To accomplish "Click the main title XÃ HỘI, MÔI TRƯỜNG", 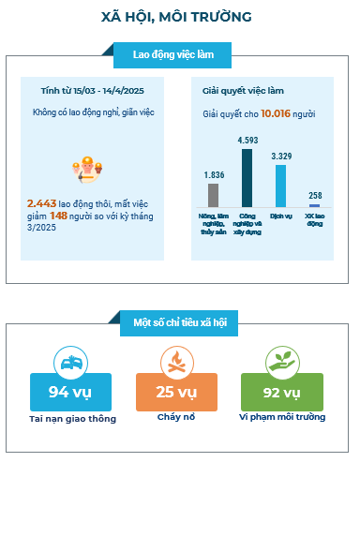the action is [x=176, y=17].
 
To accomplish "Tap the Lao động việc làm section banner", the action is [x=172, y=55].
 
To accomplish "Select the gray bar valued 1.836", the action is [x=213, y=195].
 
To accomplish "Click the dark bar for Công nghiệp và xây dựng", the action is [x=247, y=178].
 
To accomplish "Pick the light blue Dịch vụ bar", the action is [x=280, y=186].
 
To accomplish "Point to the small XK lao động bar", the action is [x=315, y=205].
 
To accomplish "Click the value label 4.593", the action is [x=247, y=141].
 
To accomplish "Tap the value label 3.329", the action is [x=281, y=156].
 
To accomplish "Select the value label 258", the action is [x=315, y=195].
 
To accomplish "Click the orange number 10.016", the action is [x=276, y=113].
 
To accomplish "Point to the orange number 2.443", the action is [x=41, y=203].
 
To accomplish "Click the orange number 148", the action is [x=58, y=216].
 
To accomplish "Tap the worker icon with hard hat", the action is [x=87, y=170].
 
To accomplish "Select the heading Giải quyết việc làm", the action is [x=243, y=91].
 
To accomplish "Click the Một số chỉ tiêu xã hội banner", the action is [x=179, y=322].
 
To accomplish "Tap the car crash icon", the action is [x=71, y=363].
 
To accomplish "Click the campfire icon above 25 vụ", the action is [x=177, y=363].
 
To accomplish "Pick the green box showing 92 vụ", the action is [x=282, y=392].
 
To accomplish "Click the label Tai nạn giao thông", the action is [x=72, y=419].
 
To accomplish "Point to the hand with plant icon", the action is [x=282, y=363].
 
